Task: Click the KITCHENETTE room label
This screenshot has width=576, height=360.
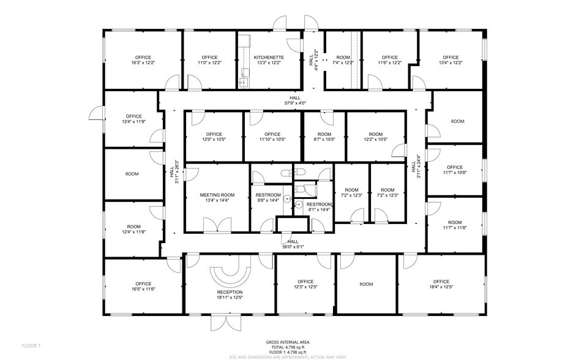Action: click(x=267, y=57)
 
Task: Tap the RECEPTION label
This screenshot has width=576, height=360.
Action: click(x=230, y=293)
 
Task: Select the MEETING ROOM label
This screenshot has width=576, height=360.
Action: click(x=217, y=195)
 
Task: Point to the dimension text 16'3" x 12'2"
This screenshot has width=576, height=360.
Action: click(x=143, y=62)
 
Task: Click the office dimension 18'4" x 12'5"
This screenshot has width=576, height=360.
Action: click(x=441, y=288)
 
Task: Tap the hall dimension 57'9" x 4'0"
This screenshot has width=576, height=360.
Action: click(x=296, y=103)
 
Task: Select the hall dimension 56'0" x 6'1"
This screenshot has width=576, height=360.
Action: click(x=292, y=247)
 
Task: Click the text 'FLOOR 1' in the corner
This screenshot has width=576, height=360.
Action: click(x=31, y=346)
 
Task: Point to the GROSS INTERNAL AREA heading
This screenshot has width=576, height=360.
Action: click(x=287, y=341)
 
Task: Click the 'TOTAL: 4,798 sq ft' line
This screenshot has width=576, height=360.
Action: click(x=287, y=347)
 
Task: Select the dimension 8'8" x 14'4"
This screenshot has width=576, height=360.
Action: click(x=267, y=200)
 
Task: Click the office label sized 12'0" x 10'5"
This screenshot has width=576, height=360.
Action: click(x=214, y=135)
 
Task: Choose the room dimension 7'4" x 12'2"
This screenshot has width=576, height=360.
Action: click(x=343, y=62)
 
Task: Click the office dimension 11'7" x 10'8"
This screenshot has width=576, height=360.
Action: click(x=455, y=173)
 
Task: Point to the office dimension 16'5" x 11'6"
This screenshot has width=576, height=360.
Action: click(x=143, y=288)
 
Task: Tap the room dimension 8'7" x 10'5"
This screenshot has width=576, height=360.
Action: click(x=324, y=139)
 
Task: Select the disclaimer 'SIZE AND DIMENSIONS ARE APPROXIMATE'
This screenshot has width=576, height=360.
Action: click(x=287, y=356)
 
